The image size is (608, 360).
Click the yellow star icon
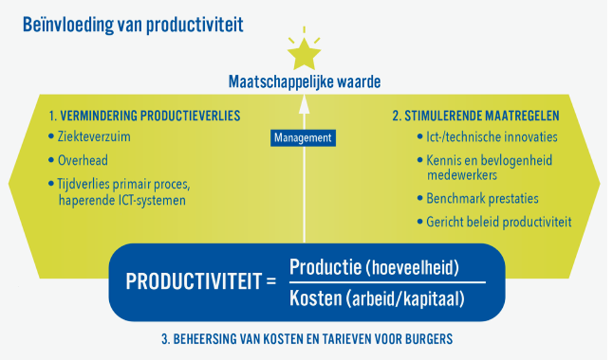pyautogui.click(x=304, y=54)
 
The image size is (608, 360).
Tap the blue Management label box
pyautogui.click(x=303, y=138)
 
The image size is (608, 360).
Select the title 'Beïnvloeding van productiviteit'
pyautogui.click(x=133, y=24)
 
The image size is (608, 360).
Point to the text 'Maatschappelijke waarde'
pyautogui.click(x=305, y=82)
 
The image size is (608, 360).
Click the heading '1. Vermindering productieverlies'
pyautogui.click(x=145, y=116)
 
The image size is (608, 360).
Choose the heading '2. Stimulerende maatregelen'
pyautogui.click(x=476, y=116)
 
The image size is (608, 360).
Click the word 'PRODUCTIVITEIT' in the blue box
pyautogui.click(x=194, y=281)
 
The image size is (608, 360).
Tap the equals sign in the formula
pyautogui.click(x=271, y=282)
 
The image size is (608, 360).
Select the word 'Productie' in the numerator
pyautogui.click(x=325, y=267)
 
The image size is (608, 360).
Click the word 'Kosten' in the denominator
pyautogui.click(x=315, y=298)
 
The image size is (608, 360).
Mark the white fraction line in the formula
pyautogui.click(x=388, y=282)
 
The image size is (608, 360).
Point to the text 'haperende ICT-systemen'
pyautogui.click(x=122, y=200)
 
